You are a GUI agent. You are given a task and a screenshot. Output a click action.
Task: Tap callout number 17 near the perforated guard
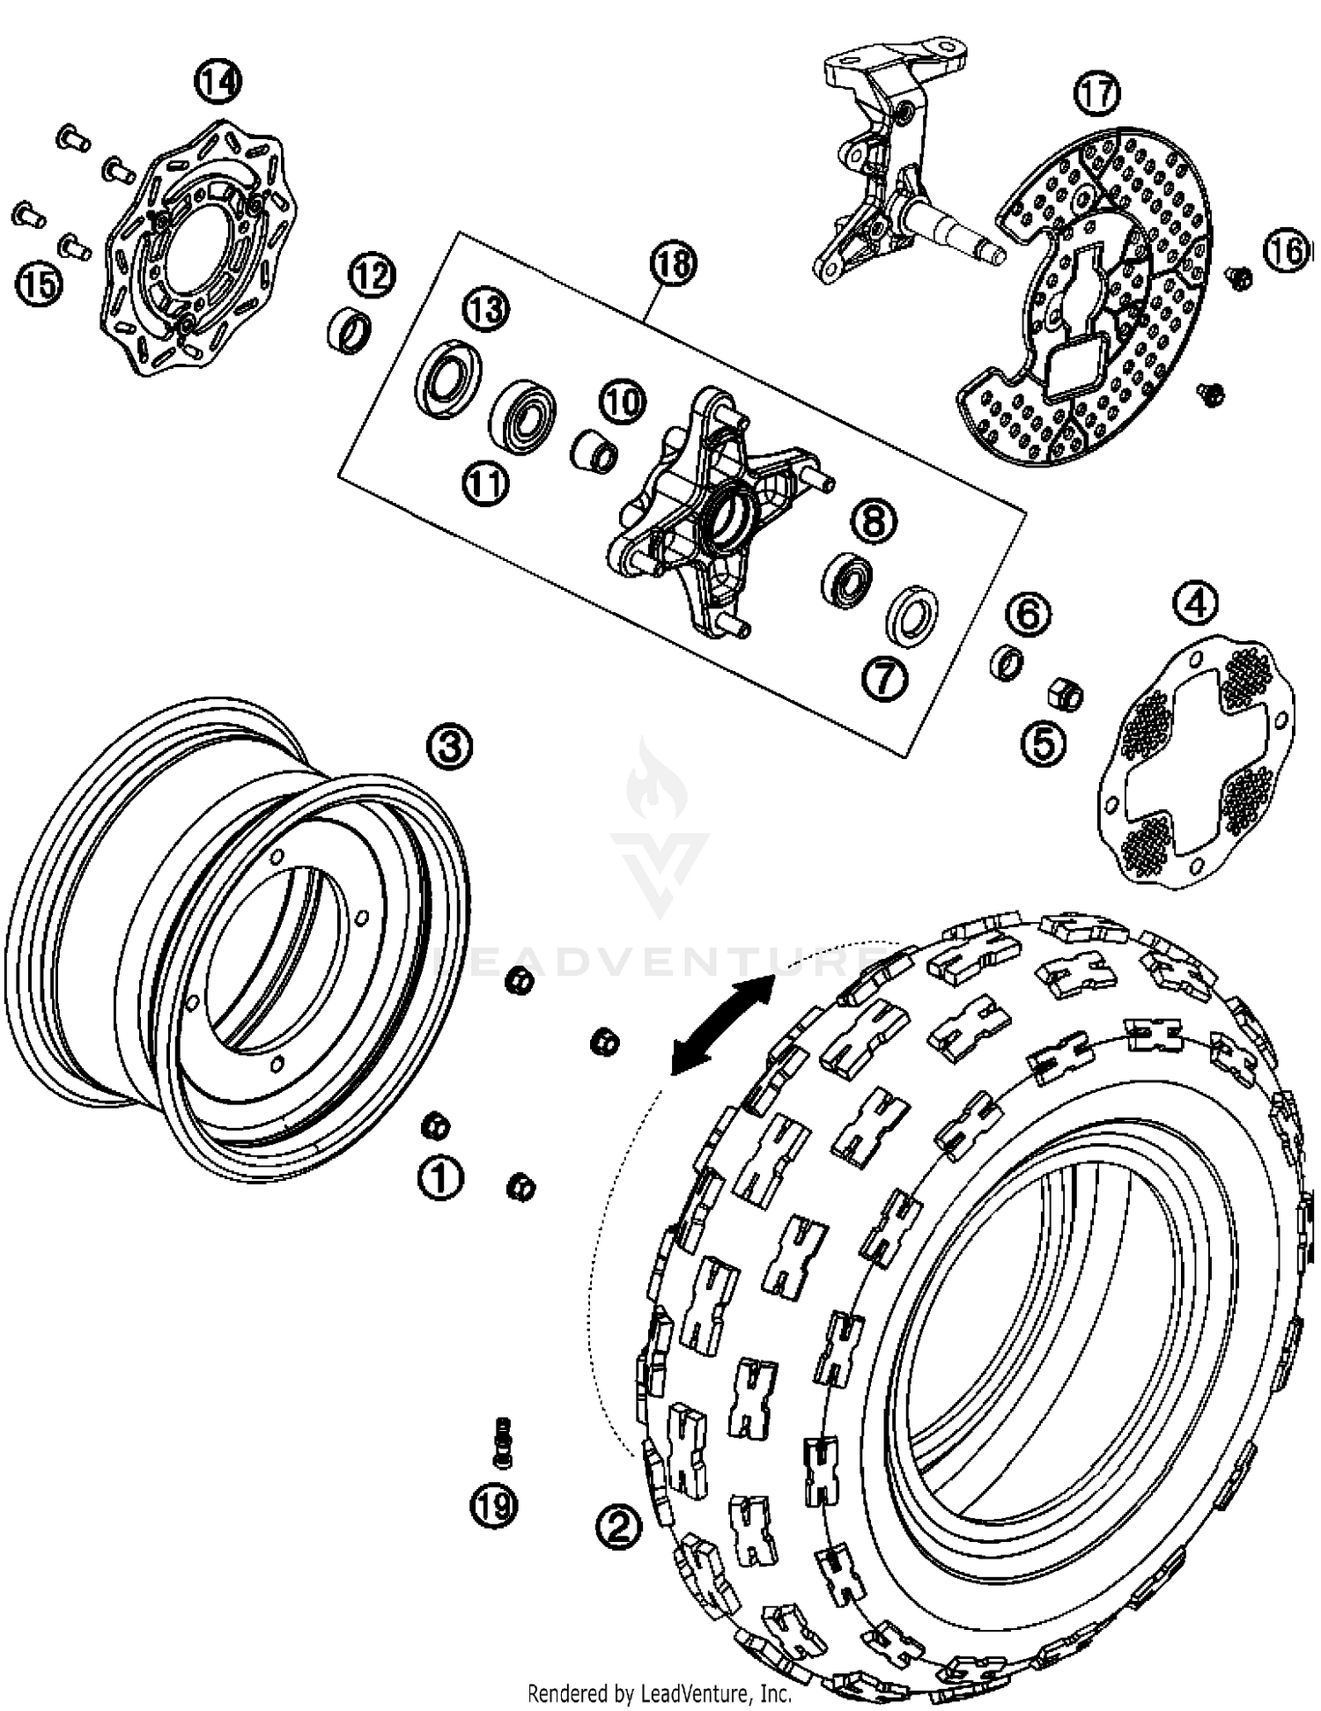1097,92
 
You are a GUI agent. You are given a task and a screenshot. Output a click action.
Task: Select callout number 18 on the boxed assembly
673,263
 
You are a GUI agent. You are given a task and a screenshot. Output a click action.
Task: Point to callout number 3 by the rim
449,746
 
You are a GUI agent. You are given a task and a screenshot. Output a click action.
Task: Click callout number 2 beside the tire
619,1525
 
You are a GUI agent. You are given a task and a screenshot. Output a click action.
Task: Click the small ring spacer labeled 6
1008,661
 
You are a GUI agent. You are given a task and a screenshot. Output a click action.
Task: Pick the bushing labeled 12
350,330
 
